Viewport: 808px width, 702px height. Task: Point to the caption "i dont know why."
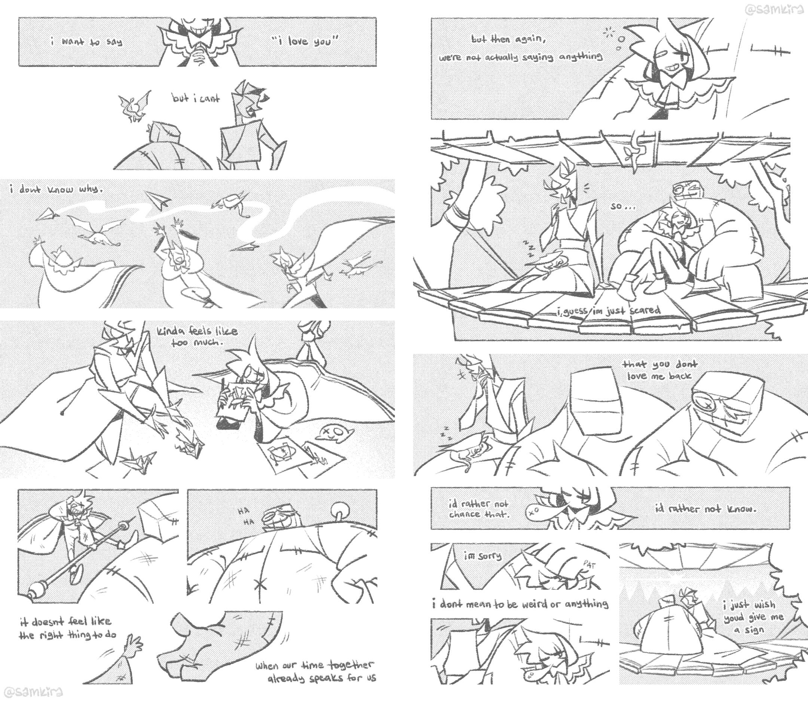tap(56, 190)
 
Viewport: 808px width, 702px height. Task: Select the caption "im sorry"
tap(483, 556)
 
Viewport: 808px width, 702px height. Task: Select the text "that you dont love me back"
tap(659, 370)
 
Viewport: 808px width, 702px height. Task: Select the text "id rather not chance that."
tap(479, 509)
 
